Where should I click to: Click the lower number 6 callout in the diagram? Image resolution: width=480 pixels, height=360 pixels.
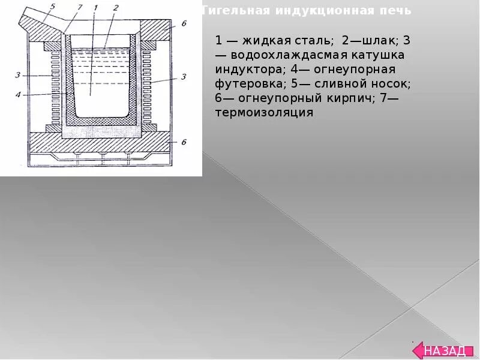pyautogui.click(x=184, y=142)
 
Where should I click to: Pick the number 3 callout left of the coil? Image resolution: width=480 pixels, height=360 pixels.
pyautogui.click(x=18, y=75)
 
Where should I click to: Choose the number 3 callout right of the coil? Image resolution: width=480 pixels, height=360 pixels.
pyautogui.click(x=184, y=76)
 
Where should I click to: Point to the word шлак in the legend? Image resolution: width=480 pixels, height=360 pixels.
pyautogui.click(x=372, y=41)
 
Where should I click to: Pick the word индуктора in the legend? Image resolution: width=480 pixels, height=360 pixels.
pyautogui.click(x=247, y=70)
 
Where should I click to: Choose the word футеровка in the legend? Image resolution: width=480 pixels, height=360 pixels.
pyautogui.click(x=247, y=84)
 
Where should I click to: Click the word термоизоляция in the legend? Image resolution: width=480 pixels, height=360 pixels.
pyautogui.click(x=264, y=113)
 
